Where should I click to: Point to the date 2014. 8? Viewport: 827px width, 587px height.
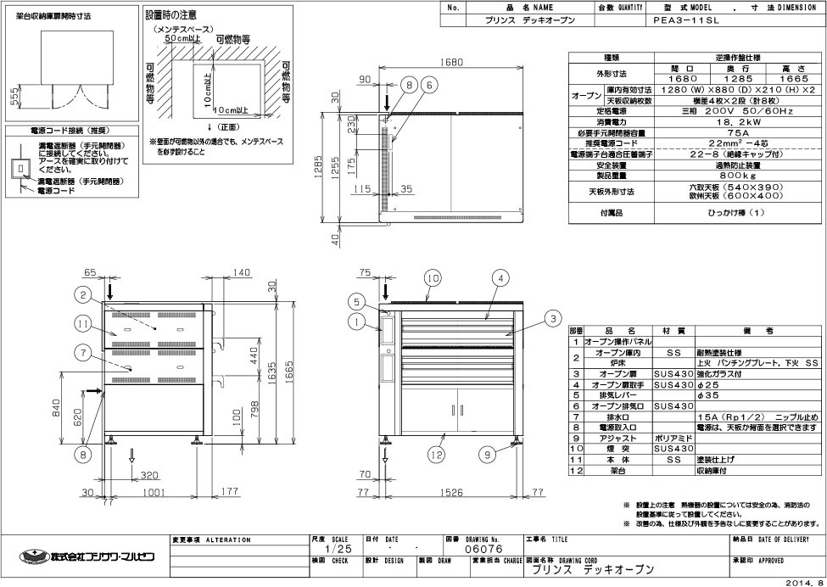point(802,581)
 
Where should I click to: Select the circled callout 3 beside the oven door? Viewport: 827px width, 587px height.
point(552,318)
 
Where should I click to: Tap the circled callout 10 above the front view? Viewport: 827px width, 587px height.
point(433,277)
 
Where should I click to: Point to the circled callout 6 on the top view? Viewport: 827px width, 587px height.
point(429,84)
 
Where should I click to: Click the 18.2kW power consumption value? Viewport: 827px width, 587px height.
point(694,122)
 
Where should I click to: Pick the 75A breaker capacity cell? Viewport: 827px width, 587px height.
point(694,132)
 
